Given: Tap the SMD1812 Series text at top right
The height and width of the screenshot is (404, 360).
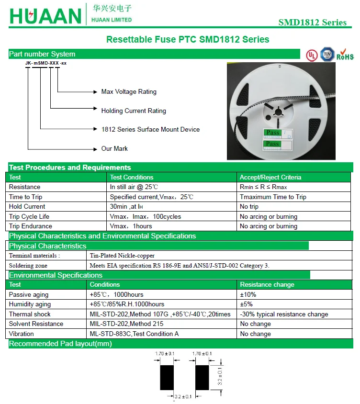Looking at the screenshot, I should pyautogui.click(x=312, y=22).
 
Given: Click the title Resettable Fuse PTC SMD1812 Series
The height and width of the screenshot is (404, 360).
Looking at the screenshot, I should pyautogui.click(x=188, y=39).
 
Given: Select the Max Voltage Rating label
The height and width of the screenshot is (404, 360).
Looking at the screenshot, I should pyautogui.click(x=129, y=91).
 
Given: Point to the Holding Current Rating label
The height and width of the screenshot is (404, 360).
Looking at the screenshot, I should pyautogui.click(x=134, y=111).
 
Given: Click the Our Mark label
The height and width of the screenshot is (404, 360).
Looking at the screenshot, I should pyautogui.click(x=114, y=148).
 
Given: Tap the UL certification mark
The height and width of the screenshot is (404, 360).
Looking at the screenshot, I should pyautogui.click(x=312, y=55).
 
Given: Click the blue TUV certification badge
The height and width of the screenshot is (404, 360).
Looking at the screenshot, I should pyautogui.click(x=327, y=54).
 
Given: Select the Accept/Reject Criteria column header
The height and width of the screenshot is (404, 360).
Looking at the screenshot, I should pyautogui.click(x=270, y=177).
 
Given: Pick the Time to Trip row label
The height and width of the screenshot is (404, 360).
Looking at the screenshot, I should pyautogui.click(x=25, y=197).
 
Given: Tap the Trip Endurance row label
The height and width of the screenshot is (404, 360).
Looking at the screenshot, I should pyautogui.click(x=31, y=226).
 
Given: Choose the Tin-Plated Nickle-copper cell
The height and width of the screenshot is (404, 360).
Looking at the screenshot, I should pyautogui.click(x=122, y=256).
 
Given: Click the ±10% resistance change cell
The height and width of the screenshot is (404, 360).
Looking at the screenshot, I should pyautogui.click(x=248, y=294).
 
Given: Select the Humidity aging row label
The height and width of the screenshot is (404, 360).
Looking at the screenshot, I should pyautogui.click(x=30, y=304).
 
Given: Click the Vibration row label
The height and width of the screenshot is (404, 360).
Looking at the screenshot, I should pyautogui.click(x=22, y=334).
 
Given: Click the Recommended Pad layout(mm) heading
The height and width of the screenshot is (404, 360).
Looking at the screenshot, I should pyautogui.click(x=60, y=344).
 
